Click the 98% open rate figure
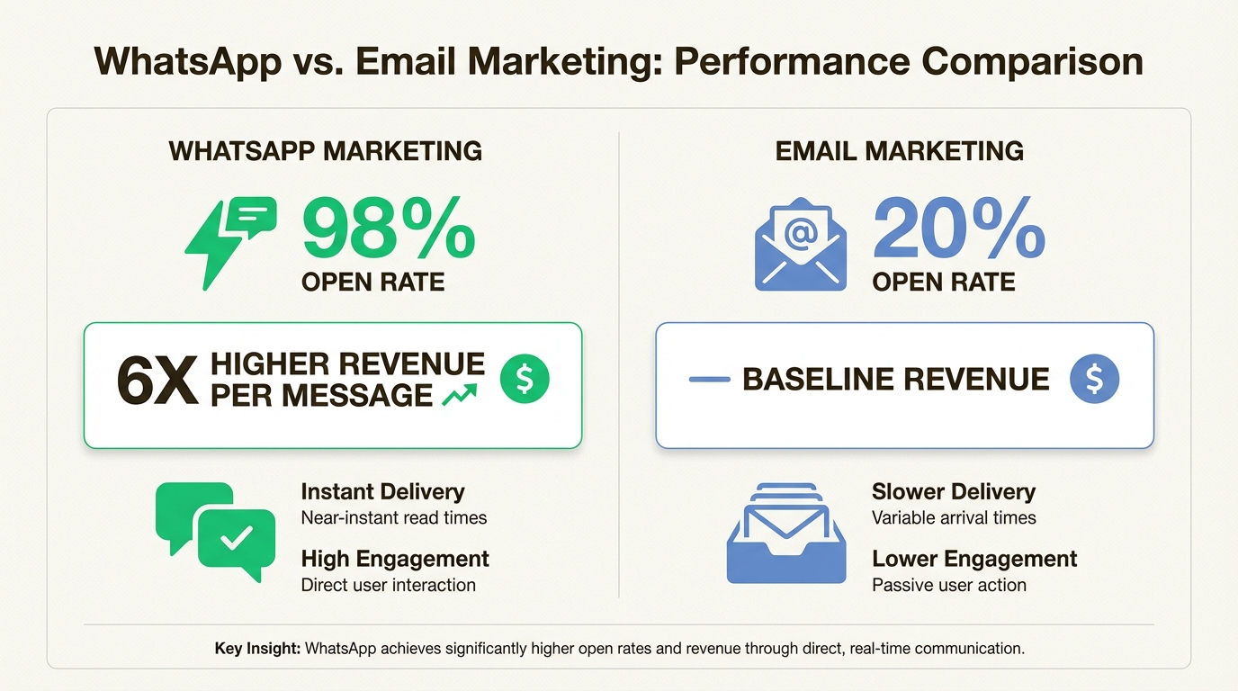click(388, 231)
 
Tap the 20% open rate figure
click(958, 231)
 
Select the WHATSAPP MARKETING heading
click(326, 150)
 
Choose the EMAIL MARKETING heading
click(899, 150)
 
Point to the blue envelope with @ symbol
click(800, 245)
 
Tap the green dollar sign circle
click(525, 378)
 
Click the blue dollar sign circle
click(1094, 378)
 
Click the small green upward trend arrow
click(460, 396)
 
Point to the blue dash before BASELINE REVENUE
click(709, 380)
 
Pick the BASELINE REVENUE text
click(895, 380)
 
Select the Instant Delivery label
click(382, 492)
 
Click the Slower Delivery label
click(953, 492)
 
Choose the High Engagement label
click(395, 559)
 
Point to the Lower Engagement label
click(974, 559)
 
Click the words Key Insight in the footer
click(256, 648)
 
